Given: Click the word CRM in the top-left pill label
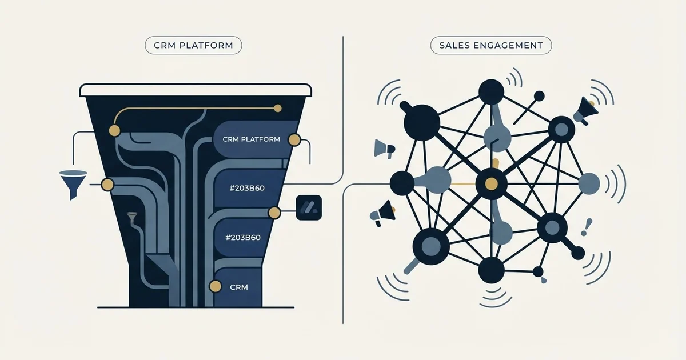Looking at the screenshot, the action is pos(165,45).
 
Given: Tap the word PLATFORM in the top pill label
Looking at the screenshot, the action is pos(206,45).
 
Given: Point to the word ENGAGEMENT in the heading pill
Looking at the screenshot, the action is pos(508,45).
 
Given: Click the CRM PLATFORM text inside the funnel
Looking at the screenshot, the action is pos(251,139).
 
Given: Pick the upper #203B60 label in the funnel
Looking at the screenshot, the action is pos(247,188).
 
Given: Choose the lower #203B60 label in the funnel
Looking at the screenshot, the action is pos(242,237).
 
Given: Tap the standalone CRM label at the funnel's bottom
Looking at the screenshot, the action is pos(239,287).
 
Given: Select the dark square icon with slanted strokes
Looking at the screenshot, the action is pos(309,207).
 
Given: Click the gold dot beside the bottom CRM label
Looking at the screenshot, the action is pos(215,286).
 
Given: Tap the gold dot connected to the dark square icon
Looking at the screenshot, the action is pos(274,213).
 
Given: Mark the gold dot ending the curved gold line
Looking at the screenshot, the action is pos(278,108).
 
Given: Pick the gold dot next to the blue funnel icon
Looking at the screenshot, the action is pos(107,185).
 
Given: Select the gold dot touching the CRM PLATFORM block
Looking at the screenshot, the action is pos(294,140).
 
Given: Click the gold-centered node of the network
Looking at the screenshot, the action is pos(491,183).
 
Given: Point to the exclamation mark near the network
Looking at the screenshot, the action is pos(586,227).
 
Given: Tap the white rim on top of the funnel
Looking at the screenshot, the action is pos(196,90).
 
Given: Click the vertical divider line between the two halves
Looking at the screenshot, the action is pos(343,179).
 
